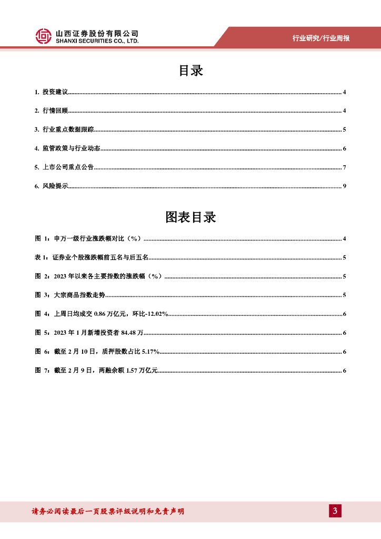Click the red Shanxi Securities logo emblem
pos(43,36)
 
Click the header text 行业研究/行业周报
pos(321,38)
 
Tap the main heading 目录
pos(190,71)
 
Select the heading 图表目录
pos(190,217)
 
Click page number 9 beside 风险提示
pos(344,186)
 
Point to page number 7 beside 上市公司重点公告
pos(344,167)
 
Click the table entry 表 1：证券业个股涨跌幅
pos(92,257)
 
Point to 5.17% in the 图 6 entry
pos(151,352)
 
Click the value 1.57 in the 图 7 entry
pos(125,371)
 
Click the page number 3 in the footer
pos(335,511)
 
